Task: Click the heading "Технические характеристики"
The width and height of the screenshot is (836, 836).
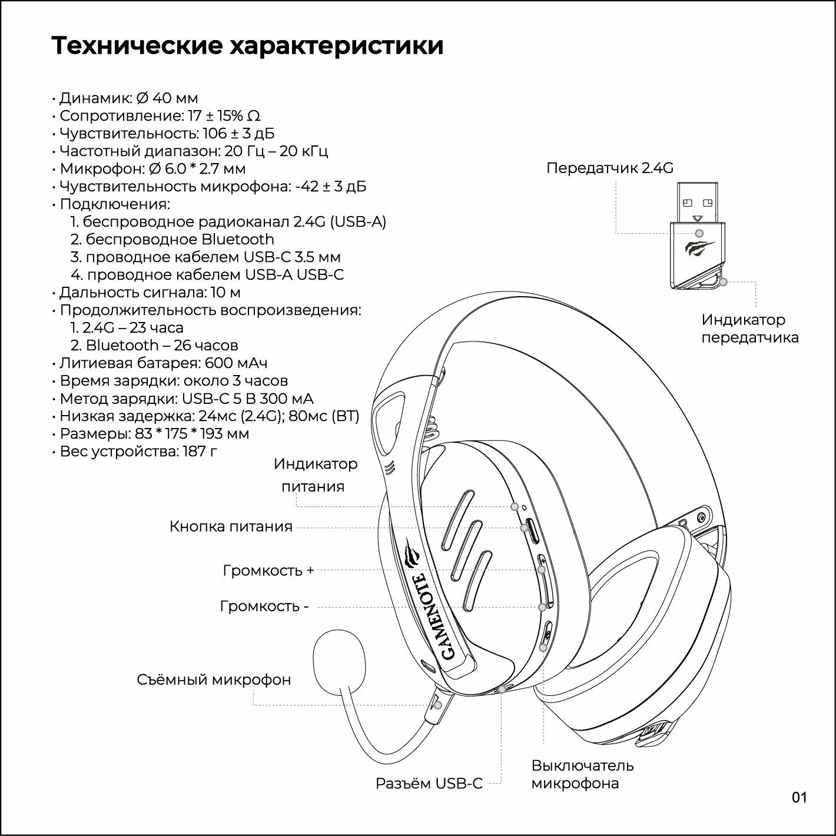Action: (x=247, y=46)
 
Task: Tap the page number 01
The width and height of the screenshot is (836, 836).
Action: (x=799, y=798)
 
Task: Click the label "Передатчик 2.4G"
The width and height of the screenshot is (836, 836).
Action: (x=609, y=168)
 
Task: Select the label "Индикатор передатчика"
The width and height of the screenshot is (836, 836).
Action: (x=749, y=329)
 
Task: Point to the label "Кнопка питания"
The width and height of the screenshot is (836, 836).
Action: (x=231, y=526)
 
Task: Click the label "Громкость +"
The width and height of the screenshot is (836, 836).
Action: (x=268, y=570)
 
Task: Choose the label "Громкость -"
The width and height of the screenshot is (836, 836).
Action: (x=264, y=606)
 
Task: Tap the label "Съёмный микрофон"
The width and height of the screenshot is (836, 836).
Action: (x=214, y=680)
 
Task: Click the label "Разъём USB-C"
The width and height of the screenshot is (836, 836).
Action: (x=429, y=784)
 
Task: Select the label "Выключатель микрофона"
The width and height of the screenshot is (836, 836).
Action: (x=582, y=774)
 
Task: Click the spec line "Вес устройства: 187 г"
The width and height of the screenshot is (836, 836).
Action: (x=139, y=452)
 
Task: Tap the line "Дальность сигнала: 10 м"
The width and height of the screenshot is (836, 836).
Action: (x=150, y=293)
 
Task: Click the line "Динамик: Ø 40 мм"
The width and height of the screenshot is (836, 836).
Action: (x=129, y=98)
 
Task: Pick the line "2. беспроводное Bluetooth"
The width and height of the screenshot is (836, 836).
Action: (x=172, y=240)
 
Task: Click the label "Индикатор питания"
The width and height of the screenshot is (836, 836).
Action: (x=316, y=475)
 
